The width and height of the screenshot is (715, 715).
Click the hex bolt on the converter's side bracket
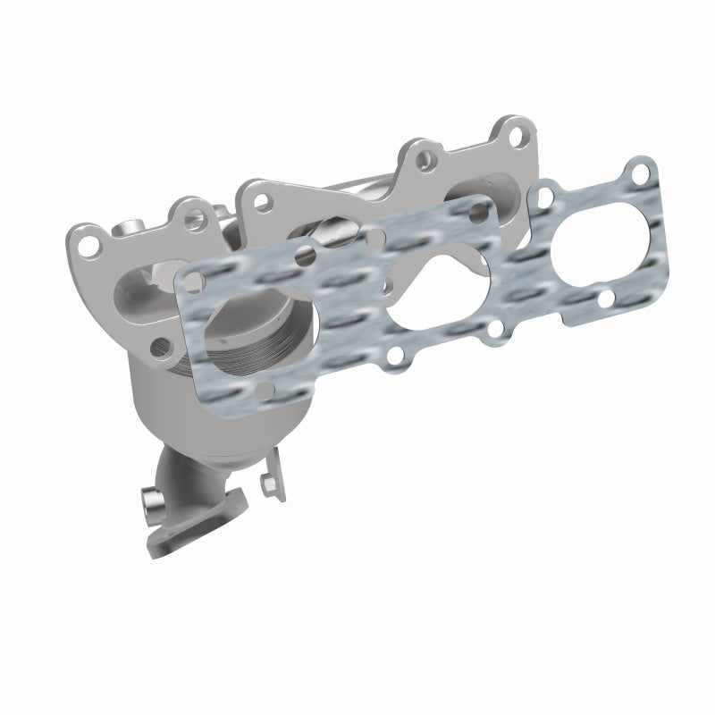coord(266,485)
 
